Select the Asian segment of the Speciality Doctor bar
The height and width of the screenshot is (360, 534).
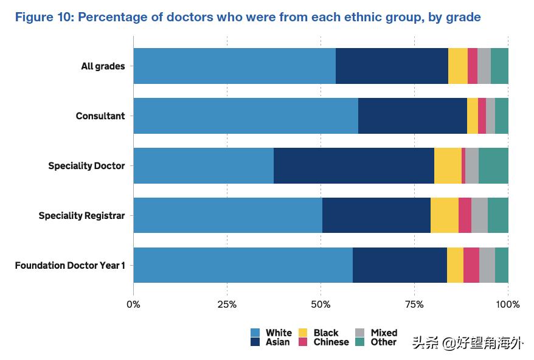[x=353, y=165]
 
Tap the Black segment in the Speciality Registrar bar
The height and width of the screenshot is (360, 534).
[x=444, y=215]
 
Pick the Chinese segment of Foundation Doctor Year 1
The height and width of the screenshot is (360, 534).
[x=471, y=265]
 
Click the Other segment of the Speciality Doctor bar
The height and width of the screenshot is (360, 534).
[x=493, y=165]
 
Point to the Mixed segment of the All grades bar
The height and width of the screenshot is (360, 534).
[x=484, y=66]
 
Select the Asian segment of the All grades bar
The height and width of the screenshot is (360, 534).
[x=392, y=66]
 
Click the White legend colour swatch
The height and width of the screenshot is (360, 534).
[x=255, y=333]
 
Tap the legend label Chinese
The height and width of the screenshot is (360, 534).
[x=331, y=342]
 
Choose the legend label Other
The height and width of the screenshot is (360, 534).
[x=383, y=342]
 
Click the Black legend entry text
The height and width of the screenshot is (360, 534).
[x=326, y=333]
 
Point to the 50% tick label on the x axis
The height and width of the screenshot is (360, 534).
[x=321, y=304]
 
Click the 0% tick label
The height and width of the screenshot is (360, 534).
[x=133, y=304]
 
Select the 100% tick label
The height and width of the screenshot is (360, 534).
[x=508, y=304]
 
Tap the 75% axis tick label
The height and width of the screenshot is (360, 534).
[x=414, y=304]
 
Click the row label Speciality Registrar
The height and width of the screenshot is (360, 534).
[x=81, y=215]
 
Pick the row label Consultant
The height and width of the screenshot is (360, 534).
[x=100, y=116]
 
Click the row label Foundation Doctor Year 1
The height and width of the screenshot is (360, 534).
[x=70, y=265]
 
